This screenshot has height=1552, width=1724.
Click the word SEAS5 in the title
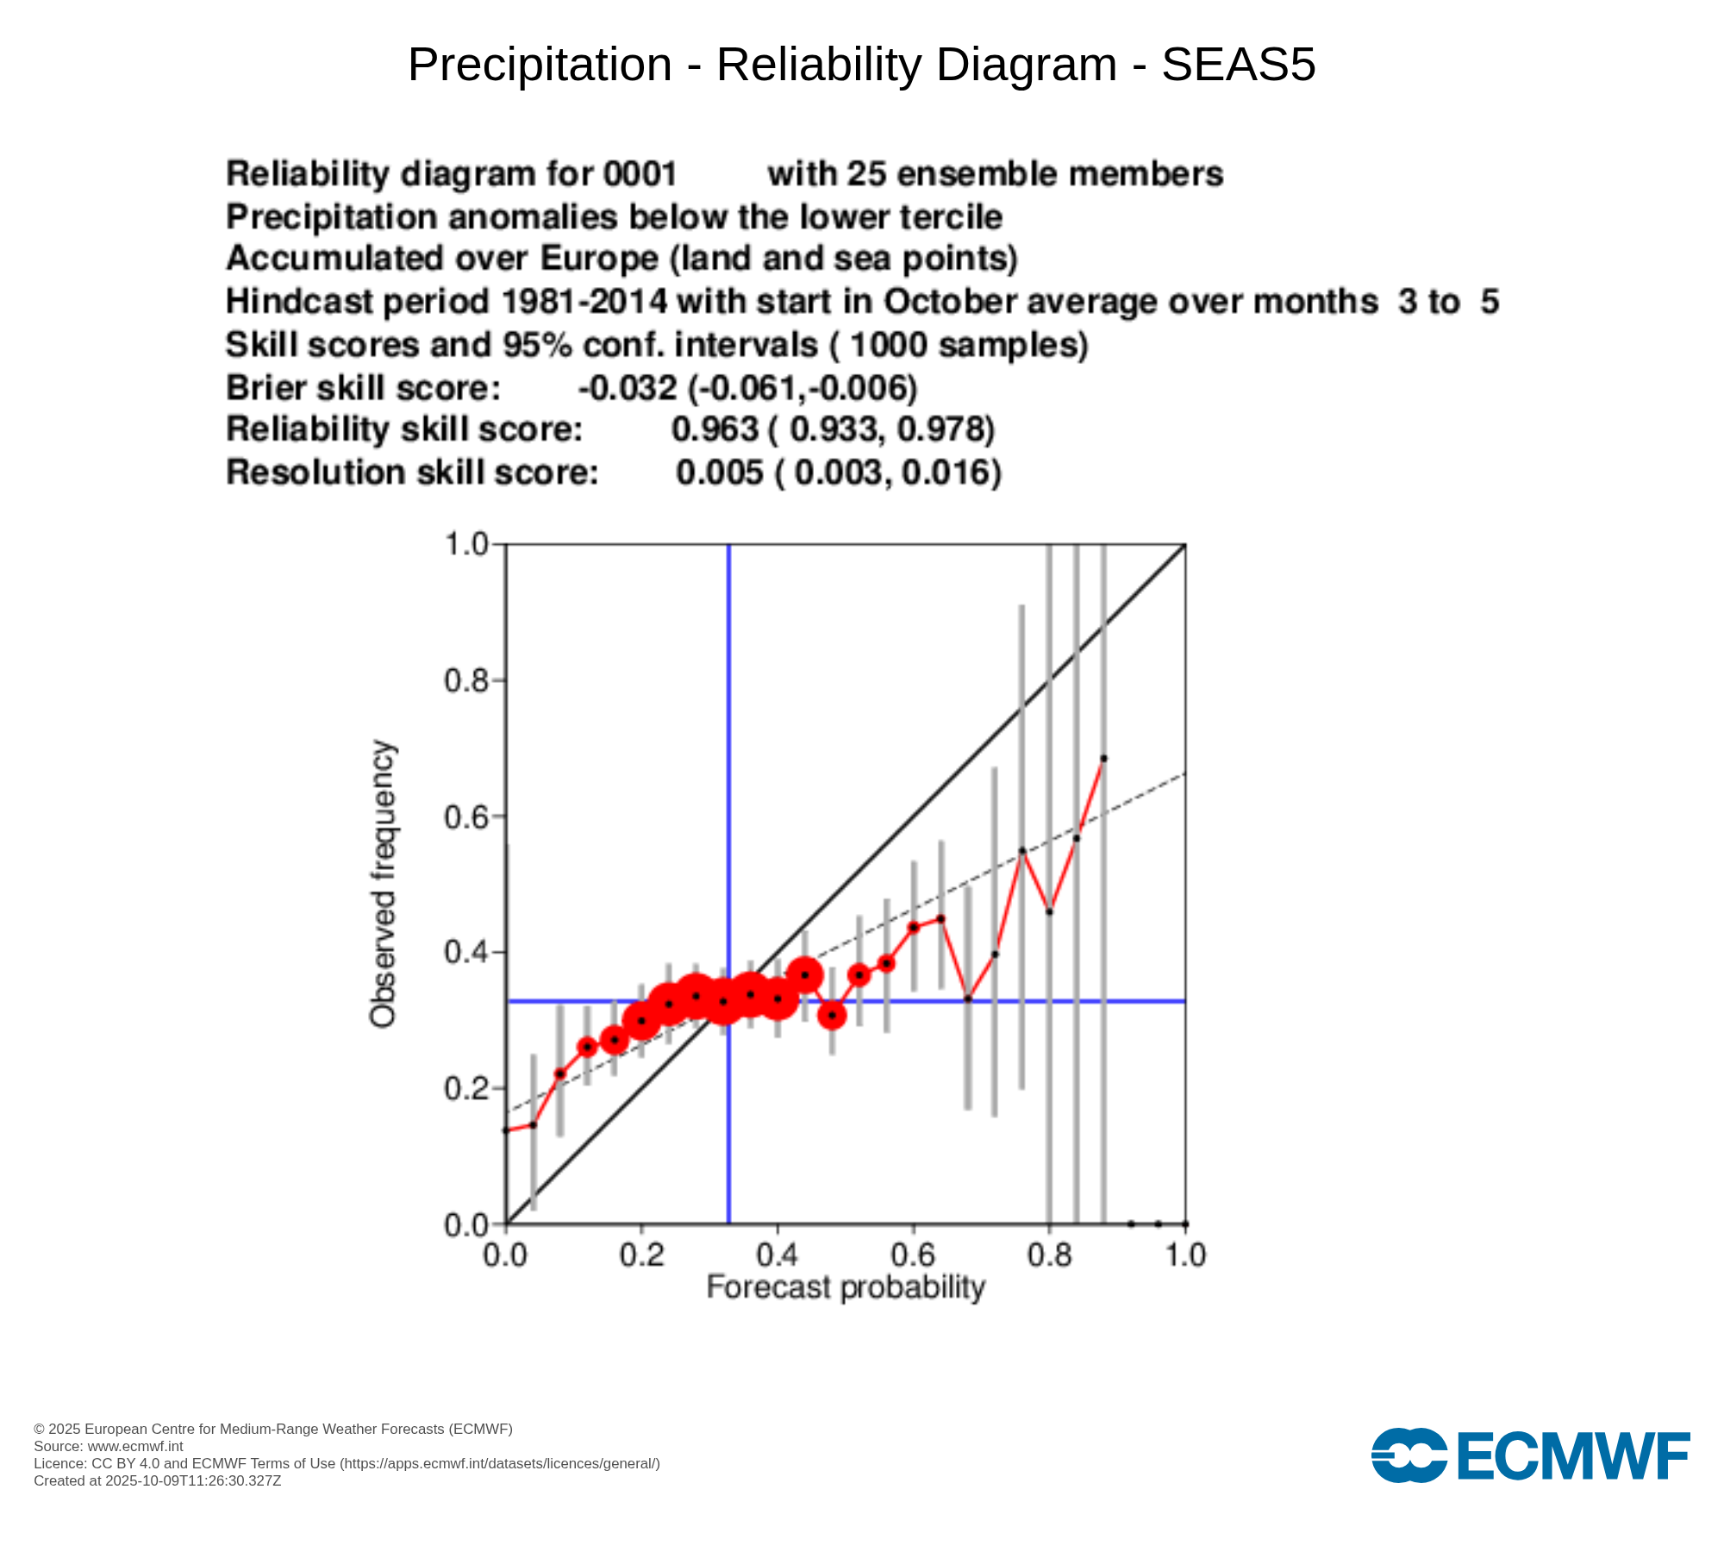tap(1238, 65)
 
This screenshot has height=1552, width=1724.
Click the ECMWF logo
tap(1530, 1456)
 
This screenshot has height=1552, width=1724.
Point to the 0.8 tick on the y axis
tap(498, 680)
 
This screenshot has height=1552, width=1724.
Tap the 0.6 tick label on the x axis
tap(914, 1255)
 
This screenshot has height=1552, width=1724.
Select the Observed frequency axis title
tap(383, 884)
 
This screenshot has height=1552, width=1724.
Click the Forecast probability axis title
tap(845, 1287)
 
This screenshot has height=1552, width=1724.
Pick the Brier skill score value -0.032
tap(628, 388)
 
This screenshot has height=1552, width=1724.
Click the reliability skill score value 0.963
tap(715, 429)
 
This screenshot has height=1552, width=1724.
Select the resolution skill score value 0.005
tap(719, 472)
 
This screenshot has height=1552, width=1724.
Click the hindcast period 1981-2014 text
tap(584, 302)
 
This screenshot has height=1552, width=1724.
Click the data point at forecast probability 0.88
tap(1103, 759)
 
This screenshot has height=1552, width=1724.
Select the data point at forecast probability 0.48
tap(832, 1016)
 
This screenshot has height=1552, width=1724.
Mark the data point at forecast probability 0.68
tap(968, 998)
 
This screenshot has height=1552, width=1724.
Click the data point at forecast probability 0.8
tap(1049, 911)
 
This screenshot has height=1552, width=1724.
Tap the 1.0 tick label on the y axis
tap(465, 545)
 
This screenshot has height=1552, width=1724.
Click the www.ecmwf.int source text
tap(135, 1446)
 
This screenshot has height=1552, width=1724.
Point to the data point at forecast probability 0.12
tap(587, 1047)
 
